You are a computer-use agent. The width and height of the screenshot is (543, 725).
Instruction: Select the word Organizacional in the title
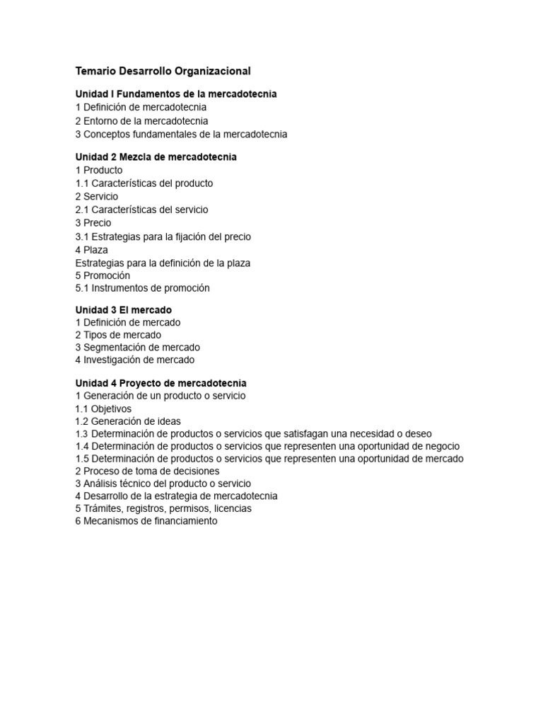pyautogui.click(x=214, y=71)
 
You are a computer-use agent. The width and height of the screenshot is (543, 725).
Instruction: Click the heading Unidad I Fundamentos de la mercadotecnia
pyautogui.click(x=176, y=93)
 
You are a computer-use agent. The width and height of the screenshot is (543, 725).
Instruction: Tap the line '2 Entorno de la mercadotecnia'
pyautogui.click(x=141, y=120)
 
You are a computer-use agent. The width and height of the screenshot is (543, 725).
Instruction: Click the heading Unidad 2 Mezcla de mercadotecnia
pyautogui.click(x=156, y=156)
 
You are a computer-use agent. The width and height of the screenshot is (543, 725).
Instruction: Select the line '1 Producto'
pyautogui.click(x=99, y=170)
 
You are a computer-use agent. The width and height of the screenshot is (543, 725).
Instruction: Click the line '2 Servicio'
pyautogui.click(x=97, y=196)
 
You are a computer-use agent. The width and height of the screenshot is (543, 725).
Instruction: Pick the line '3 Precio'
pyautogui.click(x=93, y=223)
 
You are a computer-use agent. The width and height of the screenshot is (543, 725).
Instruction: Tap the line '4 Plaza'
pyautogui.click(x=92, y=249)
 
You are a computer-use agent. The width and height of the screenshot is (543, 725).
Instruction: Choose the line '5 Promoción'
pyautogui.click(x=103, y=275)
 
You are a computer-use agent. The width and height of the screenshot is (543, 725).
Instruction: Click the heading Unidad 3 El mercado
pyautogui.click(x=124, y=309)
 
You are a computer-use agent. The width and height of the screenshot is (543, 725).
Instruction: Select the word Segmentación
pyautogui.click(x=115, y=347)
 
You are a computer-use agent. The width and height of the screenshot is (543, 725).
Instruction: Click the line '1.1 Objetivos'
pyautogui.click(x=103, y=409)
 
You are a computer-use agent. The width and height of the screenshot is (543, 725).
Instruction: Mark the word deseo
pyautogui.click(x=418, y=433)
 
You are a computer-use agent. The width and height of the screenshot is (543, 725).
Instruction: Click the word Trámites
pyautogui.click(x=102, y=508)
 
